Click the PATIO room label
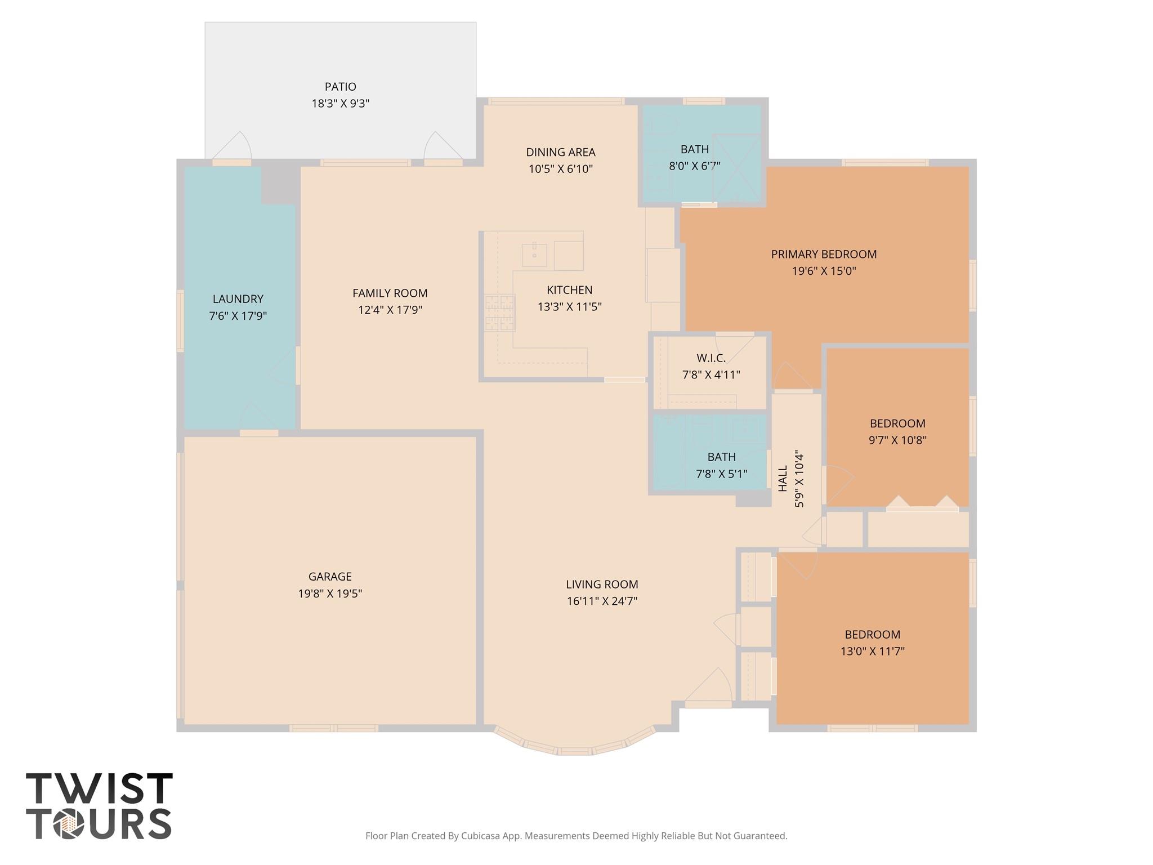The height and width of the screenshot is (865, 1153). pyautogui.click(x=340, y=87)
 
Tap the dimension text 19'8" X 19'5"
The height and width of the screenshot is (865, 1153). pyautogui.click(x=330, y=594)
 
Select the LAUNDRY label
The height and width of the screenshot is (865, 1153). pyautogui.click(x=238, y=299)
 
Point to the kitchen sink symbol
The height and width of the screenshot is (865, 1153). pyautogui.click(x=534, y=255)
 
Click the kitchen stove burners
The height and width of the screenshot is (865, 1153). pyautogui.click(x=500, y=313)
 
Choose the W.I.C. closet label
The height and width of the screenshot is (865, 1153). pyautogui.click(x=710, y=358)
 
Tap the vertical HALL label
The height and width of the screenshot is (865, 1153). pyautogui.click(x=783, y=478)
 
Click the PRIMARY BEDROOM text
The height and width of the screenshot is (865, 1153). pyautogui.click(x=823, y=255)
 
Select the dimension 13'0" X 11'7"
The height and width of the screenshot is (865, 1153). pyautogui.click(x=872, y=652)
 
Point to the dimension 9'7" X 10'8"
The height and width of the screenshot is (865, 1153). pyautogui.click(x=897, y=440)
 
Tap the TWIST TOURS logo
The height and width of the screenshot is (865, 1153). pyautogui.click(x=99, y=806)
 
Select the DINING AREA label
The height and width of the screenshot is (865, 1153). pyautogui.click(x=560, y=152)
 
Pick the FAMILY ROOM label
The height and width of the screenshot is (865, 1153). pyautogui.click(x=390, y=293)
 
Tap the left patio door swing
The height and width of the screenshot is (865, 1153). pyautogui.click(x=234, y=146)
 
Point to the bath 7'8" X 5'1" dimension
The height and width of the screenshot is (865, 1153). pyautogui.click(x=721, y=474)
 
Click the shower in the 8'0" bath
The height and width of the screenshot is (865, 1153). pyautogui.click(x=736, y=168)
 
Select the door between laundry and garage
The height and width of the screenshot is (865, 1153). pyautogui.click(x=258, y=420)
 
